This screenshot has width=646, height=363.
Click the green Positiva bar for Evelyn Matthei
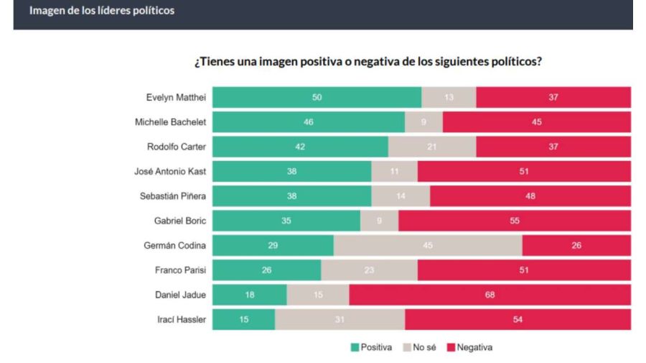pos(317,97)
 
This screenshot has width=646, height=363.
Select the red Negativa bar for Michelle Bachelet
pos(536,122)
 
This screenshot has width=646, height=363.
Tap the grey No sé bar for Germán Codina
pos(428,245)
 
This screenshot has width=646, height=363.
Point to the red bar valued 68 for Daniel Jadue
pos(490,295)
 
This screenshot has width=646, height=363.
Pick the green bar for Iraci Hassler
pos(243,319)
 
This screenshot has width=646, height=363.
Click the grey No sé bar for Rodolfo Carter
pos(431,147)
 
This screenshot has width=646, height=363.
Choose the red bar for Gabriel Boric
pos(514,221)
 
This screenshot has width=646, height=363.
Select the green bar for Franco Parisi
pos(266,270)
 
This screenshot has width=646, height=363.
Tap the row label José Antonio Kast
pos(169,172)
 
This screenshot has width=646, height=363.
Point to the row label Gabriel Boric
pos(180,221)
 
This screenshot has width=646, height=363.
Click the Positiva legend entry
pos(371,347)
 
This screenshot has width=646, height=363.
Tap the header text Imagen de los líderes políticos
pos(101,12)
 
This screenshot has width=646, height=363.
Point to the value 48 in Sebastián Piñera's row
pos(530,196)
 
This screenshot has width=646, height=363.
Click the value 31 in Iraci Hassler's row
pos(340,319)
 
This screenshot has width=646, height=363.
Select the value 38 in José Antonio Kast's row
pos(291,172)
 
